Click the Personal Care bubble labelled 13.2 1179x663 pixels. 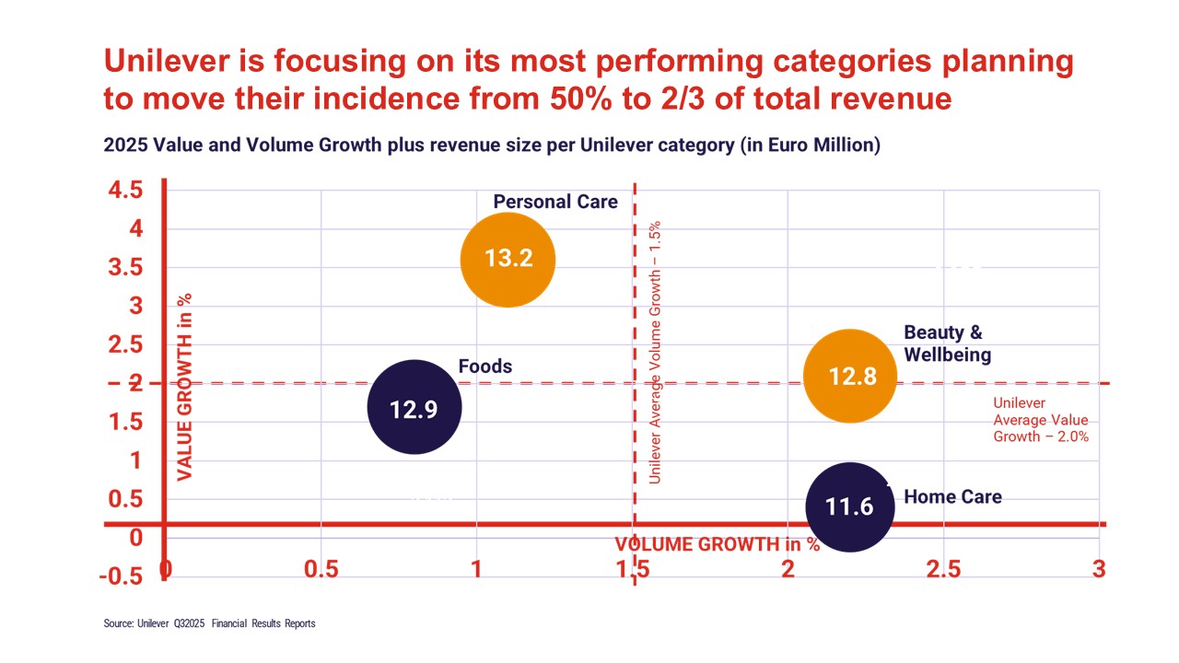point(508,259)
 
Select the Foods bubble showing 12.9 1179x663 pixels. point(414,407)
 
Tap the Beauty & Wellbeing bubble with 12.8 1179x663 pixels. point(851,376)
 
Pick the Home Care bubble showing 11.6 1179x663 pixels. point(849,506)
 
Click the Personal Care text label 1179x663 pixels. point(555,202)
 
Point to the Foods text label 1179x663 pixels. point(485,366)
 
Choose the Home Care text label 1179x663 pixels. point(952,497)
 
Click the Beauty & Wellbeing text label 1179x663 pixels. point(947,343)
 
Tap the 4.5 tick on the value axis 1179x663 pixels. point(124,191)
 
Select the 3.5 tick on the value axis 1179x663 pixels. point(124,268)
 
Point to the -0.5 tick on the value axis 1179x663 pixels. point(123,576)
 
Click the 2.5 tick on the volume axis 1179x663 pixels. point(943,569)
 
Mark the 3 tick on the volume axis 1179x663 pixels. point(1099,569)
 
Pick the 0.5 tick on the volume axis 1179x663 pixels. point(321,569)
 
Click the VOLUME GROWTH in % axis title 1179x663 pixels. point(718,544)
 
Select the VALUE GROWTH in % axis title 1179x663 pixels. point(184,387)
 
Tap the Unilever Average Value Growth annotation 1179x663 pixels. point(1041,420)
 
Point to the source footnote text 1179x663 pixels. point(209,623)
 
